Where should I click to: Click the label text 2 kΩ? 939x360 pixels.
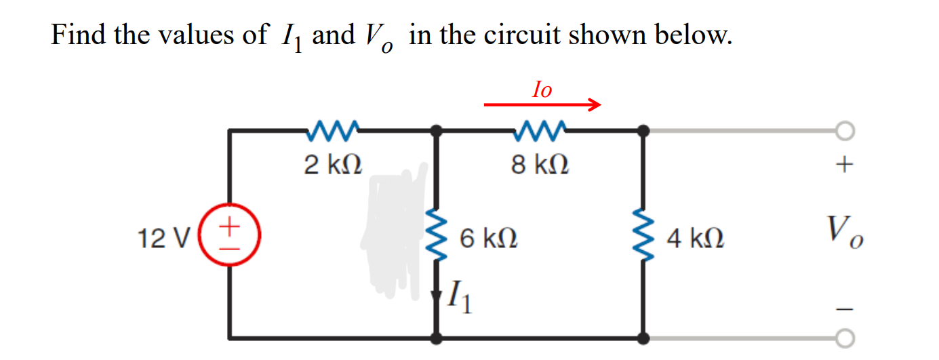click(332, 164)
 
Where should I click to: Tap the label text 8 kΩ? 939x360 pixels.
click(540, 164)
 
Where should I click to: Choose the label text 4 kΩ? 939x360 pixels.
click(695, 238)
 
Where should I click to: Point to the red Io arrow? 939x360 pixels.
click(542, 105)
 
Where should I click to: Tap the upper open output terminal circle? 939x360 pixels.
click(844, 130)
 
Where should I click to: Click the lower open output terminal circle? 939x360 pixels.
click(844, 336)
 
